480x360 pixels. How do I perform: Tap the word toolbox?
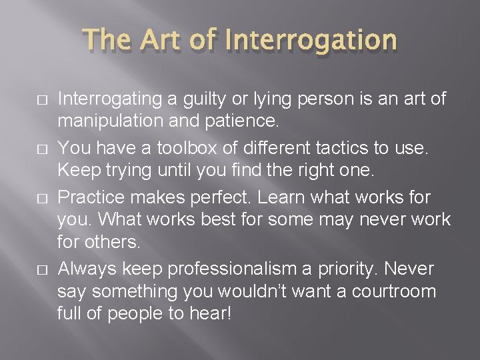[x=166, y=147]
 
